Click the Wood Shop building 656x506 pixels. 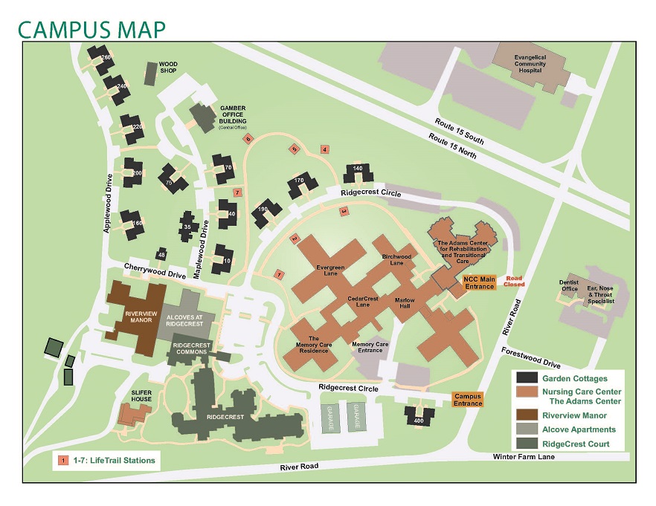149,74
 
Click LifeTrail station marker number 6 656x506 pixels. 248,137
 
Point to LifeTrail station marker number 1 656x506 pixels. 280,274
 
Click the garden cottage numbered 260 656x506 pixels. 100,56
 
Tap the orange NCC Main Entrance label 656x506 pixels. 478,283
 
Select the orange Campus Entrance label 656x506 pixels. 468,400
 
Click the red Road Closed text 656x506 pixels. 515,282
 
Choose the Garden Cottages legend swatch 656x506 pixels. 527,378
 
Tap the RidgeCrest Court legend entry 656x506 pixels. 576,444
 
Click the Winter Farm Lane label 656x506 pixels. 516,457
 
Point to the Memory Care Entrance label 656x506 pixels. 370,348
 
